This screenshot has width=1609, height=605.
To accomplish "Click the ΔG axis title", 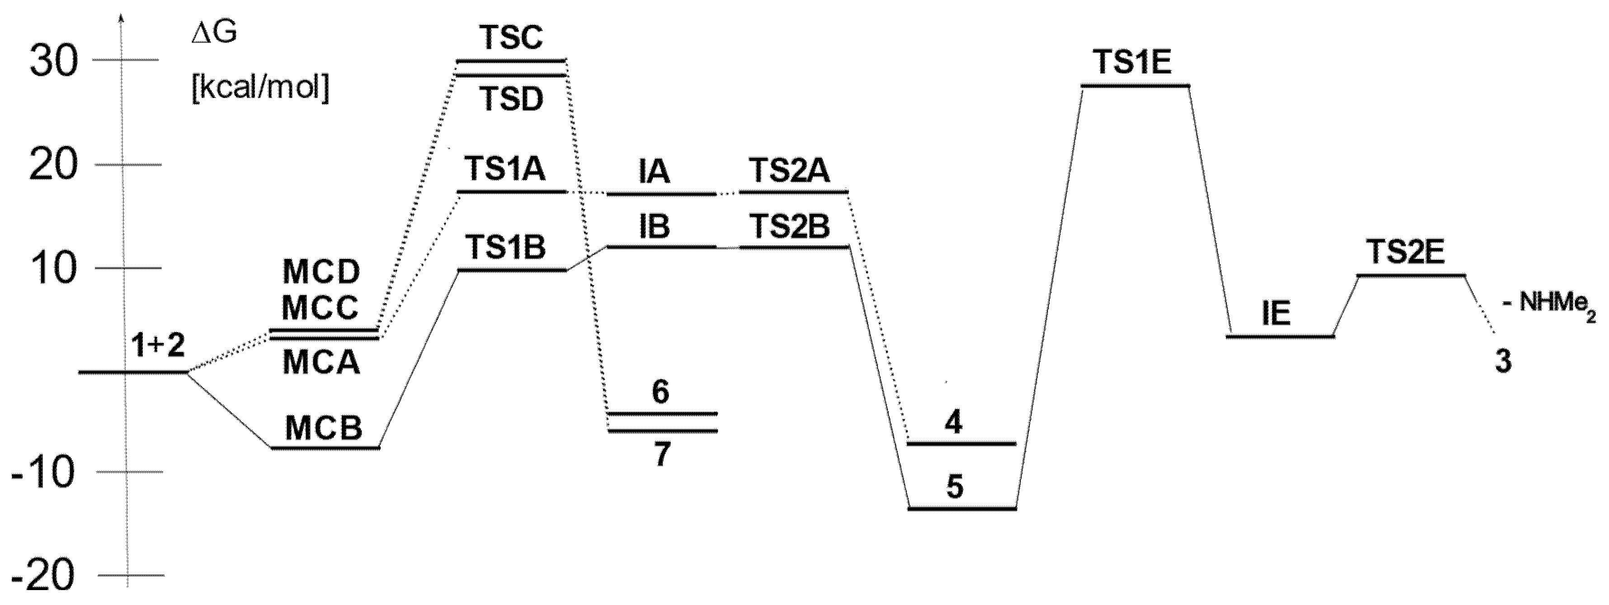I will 214,34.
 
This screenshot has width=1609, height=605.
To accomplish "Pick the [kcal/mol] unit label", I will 260,90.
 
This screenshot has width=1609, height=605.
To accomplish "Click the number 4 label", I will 954,423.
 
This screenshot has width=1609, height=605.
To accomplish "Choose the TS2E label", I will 1405,252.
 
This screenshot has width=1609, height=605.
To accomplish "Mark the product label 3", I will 1503,361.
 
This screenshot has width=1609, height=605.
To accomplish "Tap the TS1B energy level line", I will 512,270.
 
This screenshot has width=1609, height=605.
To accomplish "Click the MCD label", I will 321,272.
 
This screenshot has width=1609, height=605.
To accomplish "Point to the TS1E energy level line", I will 1135,85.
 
